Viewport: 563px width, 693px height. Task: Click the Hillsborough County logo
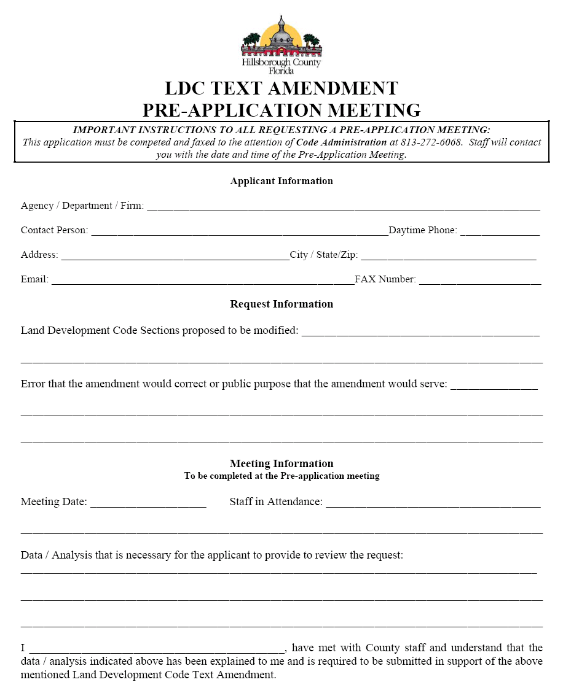[x=281, y=45]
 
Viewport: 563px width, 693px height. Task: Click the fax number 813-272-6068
[x=430, y=142]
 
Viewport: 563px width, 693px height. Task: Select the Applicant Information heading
[x=281, y=181]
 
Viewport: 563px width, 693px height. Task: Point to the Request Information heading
[x=281, y=304]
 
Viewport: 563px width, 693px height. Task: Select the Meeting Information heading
[x=281, y=464]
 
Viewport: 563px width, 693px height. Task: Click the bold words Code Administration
[x=342, y=142]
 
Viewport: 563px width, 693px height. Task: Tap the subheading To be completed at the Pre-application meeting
[x=281, y=476]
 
